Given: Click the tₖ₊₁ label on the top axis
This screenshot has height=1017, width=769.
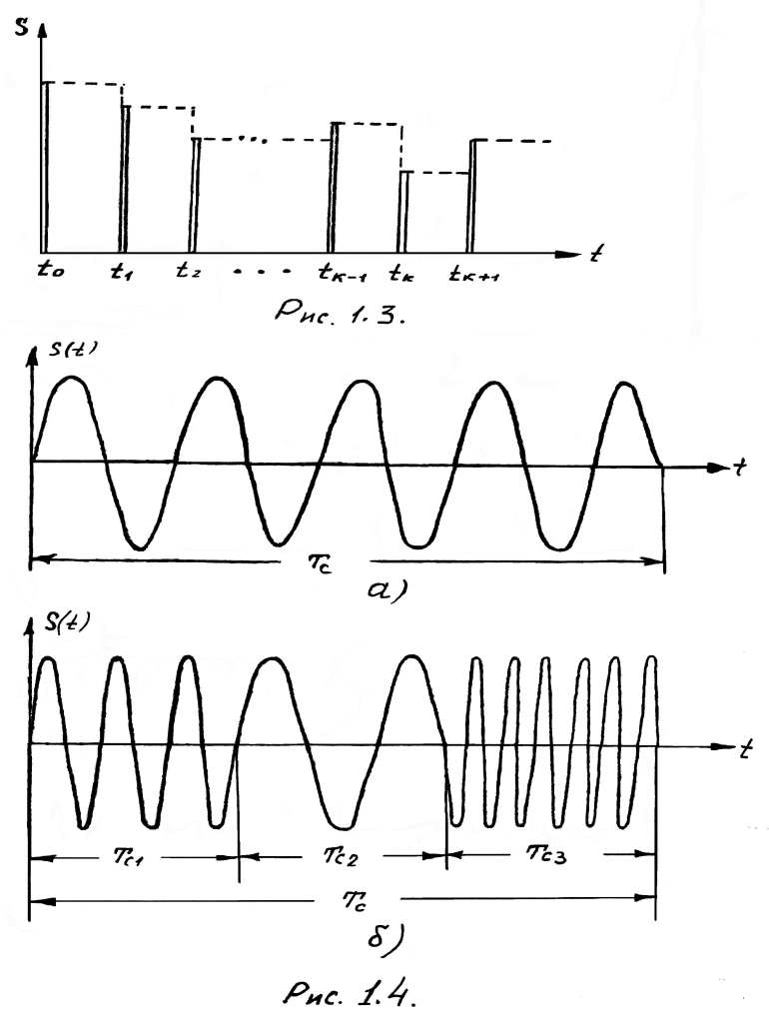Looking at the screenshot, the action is [x=474, y=271].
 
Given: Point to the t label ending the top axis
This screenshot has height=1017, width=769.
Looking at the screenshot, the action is [x=595, y=254].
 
